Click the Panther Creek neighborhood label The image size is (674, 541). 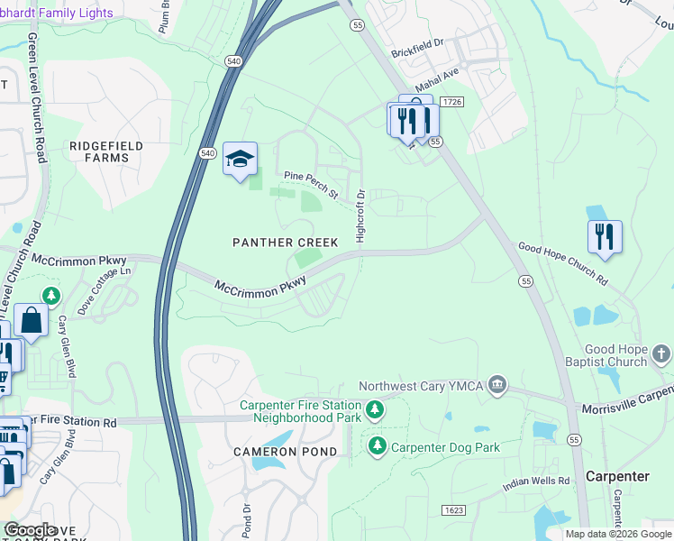285,243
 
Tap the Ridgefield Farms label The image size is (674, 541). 99,151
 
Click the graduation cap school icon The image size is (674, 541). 240,160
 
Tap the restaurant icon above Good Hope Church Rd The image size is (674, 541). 604,236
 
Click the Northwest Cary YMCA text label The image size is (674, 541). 420,386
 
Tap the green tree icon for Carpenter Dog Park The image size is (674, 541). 377,446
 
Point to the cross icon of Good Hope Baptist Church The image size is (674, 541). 660,354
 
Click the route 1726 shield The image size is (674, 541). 452,104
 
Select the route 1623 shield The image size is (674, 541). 453,510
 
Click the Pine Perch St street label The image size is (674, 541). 310,185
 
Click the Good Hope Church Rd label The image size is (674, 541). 562,263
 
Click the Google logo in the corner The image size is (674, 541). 31,530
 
